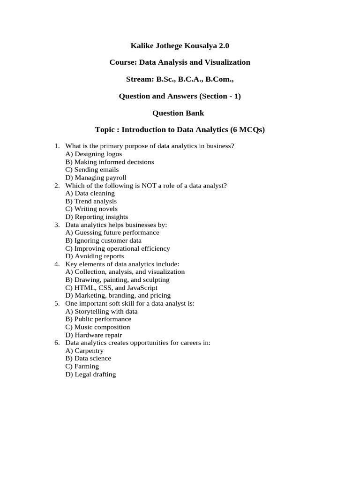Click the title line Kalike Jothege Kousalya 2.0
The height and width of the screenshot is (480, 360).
point(180,46)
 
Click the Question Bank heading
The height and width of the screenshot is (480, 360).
point(180,113)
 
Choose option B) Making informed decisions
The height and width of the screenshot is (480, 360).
point(110,162)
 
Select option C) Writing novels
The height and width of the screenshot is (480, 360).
point(91,209)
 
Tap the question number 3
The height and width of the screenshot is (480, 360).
point(57,225)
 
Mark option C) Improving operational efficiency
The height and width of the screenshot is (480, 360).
point(118,248)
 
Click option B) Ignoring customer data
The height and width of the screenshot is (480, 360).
point(104,240)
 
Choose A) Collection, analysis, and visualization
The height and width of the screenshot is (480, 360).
point(125,272)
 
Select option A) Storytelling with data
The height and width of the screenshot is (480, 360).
point(102,311)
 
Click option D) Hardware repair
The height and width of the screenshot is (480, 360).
point(94,335)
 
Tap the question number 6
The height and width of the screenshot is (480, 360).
point(57,343)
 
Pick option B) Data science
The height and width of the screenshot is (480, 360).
point(88,359)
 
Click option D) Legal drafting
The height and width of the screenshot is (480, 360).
point(90,375)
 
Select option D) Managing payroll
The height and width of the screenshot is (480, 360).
point(96,178)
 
